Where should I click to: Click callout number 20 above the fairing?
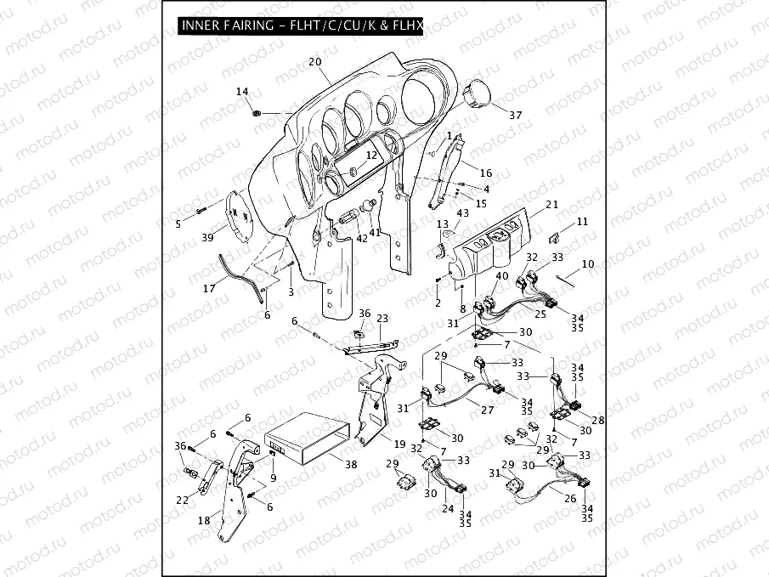(314, 63)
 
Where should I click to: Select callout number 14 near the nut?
(242, 92)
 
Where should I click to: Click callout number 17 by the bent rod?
(209, 288)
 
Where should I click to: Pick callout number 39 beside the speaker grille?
(207, 238)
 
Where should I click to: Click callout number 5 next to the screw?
(178, 224)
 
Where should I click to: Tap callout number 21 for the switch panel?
(551, 205)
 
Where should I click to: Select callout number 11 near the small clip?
(581, 222)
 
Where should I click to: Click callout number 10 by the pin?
(588, 264)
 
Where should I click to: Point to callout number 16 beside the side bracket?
(487, 173)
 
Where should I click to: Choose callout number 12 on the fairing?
(371, 156)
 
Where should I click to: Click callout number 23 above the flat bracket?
(382, 318)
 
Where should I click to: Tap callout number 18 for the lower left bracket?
(204, 519)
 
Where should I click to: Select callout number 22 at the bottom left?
(182, 500)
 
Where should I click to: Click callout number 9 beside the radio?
(274, 478)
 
